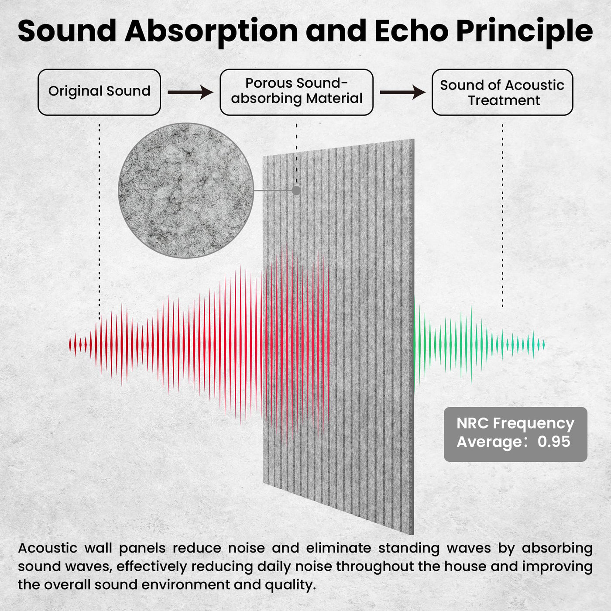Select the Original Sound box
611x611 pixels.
pos(99,92)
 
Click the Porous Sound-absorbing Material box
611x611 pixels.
pos(296,92)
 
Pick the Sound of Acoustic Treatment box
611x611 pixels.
pos(502,92)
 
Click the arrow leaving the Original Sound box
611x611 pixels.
pos(190,92)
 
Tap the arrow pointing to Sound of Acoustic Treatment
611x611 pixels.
pos(403,92)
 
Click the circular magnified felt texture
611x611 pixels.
pos(186,190)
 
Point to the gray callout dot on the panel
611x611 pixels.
pos(296,190)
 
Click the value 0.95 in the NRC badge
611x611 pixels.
pos(554,441)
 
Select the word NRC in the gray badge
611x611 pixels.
pos(473,423)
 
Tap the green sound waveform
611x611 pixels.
pos(479,344)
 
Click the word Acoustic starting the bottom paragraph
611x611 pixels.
pos(48,548)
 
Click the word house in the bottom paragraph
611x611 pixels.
pos(465,566)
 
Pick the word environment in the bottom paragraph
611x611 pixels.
pos(186,585)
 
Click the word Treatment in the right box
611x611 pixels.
pos(504,100)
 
